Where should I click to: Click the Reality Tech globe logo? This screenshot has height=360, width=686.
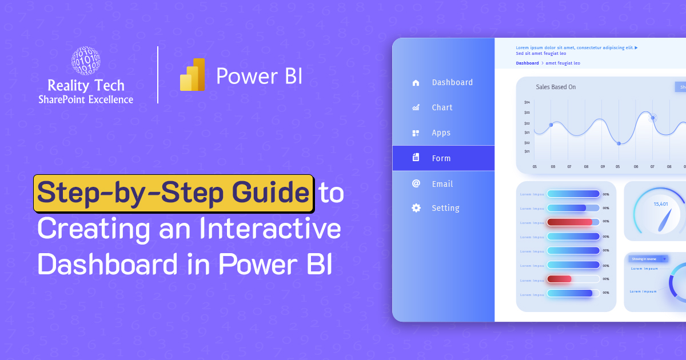tap(86, 61)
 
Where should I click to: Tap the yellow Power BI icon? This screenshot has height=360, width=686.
tap(192, 75)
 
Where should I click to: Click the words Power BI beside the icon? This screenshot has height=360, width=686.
tap(259, 76)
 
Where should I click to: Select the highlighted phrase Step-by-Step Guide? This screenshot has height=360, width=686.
tap(173, 194)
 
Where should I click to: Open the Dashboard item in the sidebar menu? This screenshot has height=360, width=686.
tap(452, 82)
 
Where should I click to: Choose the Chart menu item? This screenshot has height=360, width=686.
tap(442, 107)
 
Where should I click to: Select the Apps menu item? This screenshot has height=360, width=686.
tap(441, 133)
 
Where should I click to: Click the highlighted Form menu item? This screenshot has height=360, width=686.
tap(441, 158)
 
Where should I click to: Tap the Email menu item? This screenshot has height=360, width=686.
tap(442, 184)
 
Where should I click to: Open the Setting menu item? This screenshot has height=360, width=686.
tap(445, 208)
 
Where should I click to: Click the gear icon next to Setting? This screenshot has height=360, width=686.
tap(416, 208)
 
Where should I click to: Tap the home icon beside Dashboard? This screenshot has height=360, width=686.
tap(416, 82)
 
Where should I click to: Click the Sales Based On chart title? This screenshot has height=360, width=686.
tap(556, 87)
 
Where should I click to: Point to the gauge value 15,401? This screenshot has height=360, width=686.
tap(661, 204)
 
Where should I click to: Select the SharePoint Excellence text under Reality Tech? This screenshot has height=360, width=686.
tap(86, 99)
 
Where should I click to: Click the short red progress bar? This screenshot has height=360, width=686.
tap(559, 279)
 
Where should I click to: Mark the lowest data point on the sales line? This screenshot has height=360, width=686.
tap(619, 143)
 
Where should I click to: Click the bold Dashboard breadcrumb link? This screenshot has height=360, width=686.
tap(527, 63)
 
